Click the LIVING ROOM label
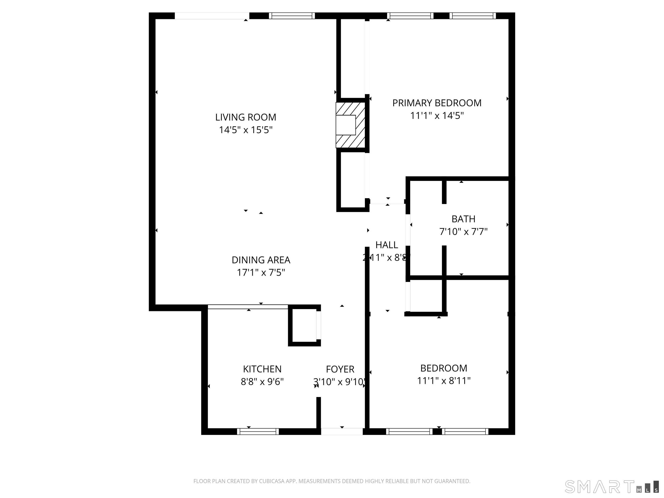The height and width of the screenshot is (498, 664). tap(246, 117)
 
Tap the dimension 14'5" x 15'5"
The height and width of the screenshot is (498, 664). tap(246, 130)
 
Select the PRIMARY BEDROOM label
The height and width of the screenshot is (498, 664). tap(437, 103)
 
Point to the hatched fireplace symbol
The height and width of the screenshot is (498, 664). tap(350, 125)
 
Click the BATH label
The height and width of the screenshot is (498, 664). tap(463, 219)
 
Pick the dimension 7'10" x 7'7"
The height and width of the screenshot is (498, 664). tap(463, 232)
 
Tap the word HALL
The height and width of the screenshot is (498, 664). tap(387, 245)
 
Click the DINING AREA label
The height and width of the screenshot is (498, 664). tap(261, 260)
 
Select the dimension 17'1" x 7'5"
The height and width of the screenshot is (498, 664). tap(261, 273)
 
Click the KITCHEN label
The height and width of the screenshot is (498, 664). tap(262, 369)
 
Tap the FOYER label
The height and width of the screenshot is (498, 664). tap(340, 369)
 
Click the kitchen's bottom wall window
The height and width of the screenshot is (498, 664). tap(258, 431)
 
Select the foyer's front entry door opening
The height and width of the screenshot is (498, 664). tap(342, 431)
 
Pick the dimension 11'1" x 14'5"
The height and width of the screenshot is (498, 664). tap(437, 116)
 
